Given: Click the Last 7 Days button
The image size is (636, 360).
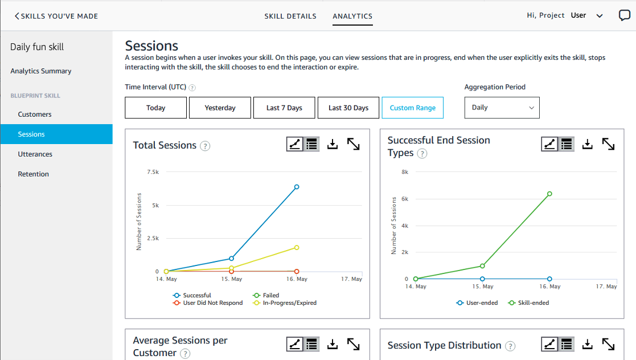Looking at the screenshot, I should [x=284, y=108].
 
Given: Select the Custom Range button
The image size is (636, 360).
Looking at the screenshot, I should [x=412, y=108].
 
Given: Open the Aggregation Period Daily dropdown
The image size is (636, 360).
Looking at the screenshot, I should [x=502, y=108].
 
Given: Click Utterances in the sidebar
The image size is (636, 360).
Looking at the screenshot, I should [x=35, y=154].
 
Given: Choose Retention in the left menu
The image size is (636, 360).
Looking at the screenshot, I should [x=33, y=174].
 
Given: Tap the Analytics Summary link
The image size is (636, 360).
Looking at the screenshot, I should [x=41, y=71].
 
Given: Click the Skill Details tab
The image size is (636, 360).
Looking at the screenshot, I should [x=290, y=16].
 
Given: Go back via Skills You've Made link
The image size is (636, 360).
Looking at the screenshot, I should [x=56, y=16].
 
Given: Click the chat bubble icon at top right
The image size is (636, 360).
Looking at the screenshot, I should [x=625, y=15].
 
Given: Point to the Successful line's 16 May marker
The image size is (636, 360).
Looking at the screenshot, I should [x=297, y=187].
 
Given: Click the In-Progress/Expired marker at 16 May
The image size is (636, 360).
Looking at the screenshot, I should [x=297, y=247].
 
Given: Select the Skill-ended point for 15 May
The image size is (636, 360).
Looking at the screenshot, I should [x=482, y=266].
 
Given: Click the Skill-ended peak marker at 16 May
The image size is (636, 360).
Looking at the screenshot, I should [x=549, y=194].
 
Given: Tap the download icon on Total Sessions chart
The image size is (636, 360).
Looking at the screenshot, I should [x=333, y=145].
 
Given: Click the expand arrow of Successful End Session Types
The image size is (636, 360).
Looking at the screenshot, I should [x=608, y=145].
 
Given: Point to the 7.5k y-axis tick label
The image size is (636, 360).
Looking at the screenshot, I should [x=153, y=171].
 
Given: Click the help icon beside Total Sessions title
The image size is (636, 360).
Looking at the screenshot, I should [x=205, y=146].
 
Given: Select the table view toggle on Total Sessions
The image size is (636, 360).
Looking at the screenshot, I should [x=311, y=145].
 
